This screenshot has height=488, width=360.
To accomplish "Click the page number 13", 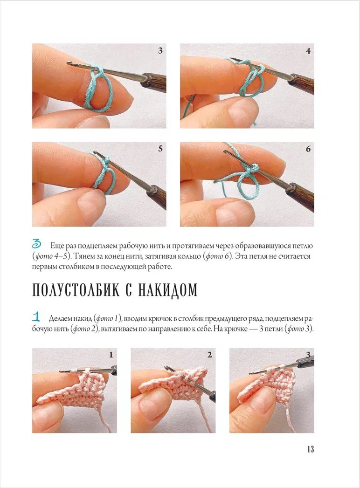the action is coord(310,449).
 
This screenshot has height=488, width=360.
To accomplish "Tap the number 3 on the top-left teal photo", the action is coord(160,50).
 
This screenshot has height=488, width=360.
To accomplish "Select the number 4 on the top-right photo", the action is coord(308,51).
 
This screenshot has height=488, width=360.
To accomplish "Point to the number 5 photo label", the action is coord(160,149).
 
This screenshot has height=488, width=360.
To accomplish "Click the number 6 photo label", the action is coord(308,149).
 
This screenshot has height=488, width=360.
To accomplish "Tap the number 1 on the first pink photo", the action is coord(111,355).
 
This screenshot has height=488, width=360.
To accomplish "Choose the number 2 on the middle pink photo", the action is coord(209,355).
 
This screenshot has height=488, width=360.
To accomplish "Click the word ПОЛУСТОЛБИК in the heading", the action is coord(76,290).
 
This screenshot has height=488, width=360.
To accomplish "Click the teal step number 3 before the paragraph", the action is coord(36,244).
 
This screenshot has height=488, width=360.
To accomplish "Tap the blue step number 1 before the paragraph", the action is coord(36,317).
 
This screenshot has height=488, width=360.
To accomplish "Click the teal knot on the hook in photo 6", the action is coord(254,168).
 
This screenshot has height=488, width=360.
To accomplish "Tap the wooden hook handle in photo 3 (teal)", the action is coord(154,82).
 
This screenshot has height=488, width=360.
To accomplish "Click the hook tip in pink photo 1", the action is coord(61,371).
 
